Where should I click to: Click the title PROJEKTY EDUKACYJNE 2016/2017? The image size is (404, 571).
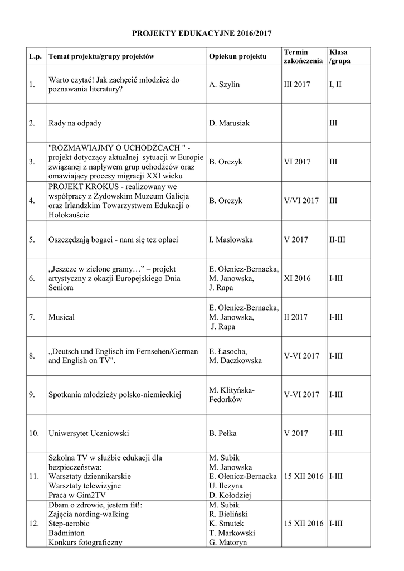tap(202, 34)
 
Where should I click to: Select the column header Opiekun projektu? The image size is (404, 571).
tap(237, 56)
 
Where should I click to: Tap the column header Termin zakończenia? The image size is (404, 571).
tap(303, 56)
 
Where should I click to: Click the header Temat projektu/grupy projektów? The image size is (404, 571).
tap(101, 56)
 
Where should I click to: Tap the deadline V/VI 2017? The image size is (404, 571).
tap(301, 201)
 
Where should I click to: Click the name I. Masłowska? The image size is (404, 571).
tap(231, 240)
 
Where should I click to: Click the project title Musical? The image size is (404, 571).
tap(61, 317)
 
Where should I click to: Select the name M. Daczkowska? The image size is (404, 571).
tap(235, 361)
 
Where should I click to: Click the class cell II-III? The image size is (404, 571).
tap(338, 240)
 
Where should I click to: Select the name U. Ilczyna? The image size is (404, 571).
tap(226, 486)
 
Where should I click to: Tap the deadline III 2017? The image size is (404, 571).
tap(297, 84)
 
